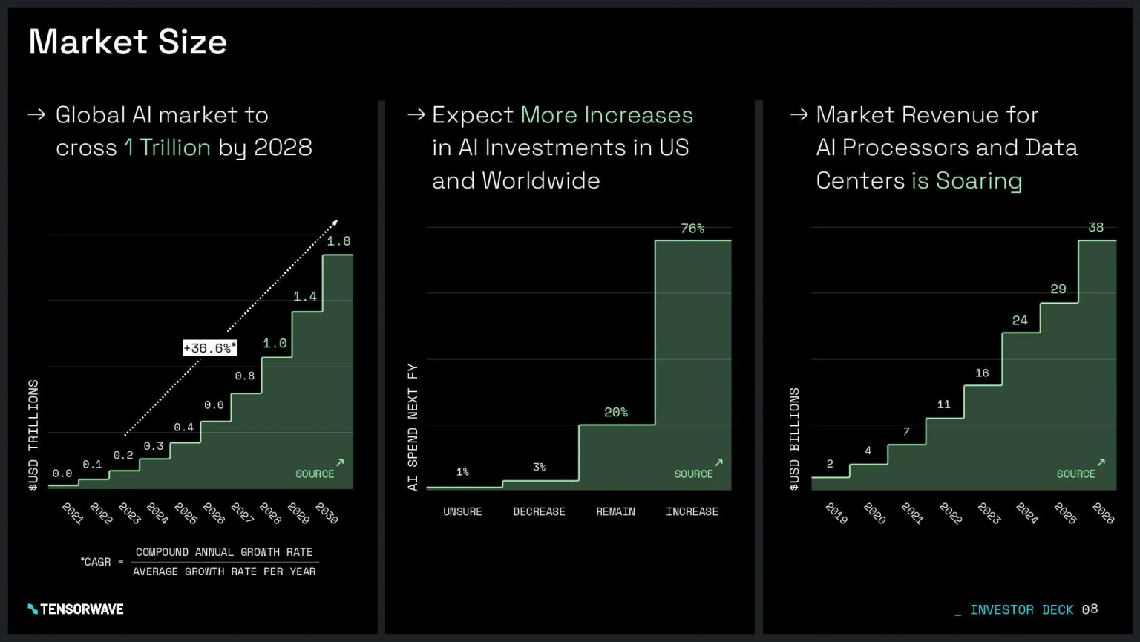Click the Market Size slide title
(x=128, y=42)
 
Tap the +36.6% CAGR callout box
(x=209, y=348)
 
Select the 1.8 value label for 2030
(x=338, y=241)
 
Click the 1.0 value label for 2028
(x=275, y=344)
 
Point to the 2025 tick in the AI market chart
(x=186, y=514)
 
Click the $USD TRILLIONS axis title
(x=33, y=435)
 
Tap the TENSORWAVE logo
(x=76, y=609)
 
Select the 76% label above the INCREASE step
(x=692, y=229)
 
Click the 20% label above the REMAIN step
(x=616, y=413)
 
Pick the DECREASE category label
(x=539, y=512)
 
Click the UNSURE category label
(x=462, y=512)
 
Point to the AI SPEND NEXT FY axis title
(x=413, y=427)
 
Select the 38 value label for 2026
(x=1095, y=228)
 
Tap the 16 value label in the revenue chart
(x=982, y=373)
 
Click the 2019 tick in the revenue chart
(x=836, y=514)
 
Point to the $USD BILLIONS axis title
(x=795, y=439)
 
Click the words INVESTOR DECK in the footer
(x=1021, y=610)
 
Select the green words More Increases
(x=606, y=115)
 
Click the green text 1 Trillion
(x=168, y=148)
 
